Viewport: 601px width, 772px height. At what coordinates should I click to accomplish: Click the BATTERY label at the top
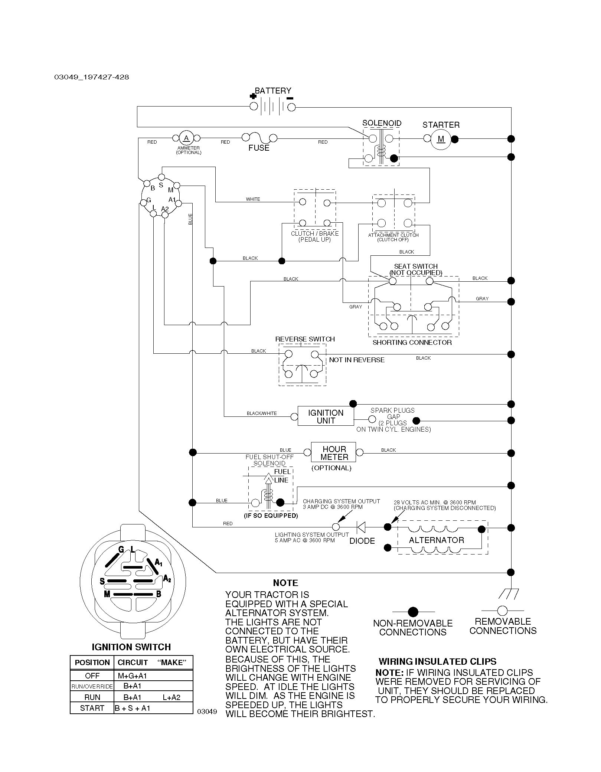273,91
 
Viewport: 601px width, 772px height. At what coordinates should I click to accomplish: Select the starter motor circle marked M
441,139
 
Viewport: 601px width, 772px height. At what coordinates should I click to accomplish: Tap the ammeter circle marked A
186,138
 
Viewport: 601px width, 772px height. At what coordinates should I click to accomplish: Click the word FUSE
259,148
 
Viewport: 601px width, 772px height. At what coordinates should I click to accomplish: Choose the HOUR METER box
334,452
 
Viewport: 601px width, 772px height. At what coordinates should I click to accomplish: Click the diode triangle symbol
361,527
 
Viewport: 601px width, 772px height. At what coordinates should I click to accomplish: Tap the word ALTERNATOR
437,540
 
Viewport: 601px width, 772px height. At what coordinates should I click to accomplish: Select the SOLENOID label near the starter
382,123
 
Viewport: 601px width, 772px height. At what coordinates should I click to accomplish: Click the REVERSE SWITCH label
305,339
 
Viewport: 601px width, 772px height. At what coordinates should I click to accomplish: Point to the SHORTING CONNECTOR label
412,343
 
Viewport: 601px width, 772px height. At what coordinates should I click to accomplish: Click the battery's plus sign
253,96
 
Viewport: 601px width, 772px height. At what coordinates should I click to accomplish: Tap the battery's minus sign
290,98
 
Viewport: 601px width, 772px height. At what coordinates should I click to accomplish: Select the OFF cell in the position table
92,675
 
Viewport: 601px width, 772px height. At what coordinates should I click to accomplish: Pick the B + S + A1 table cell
132,708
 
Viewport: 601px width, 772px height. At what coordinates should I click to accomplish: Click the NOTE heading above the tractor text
285,583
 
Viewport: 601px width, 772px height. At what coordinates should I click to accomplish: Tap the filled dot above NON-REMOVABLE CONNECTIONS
413,612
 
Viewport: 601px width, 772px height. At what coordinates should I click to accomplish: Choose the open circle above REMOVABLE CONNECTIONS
502,611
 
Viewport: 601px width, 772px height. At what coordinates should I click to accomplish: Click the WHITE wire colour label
253,199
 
